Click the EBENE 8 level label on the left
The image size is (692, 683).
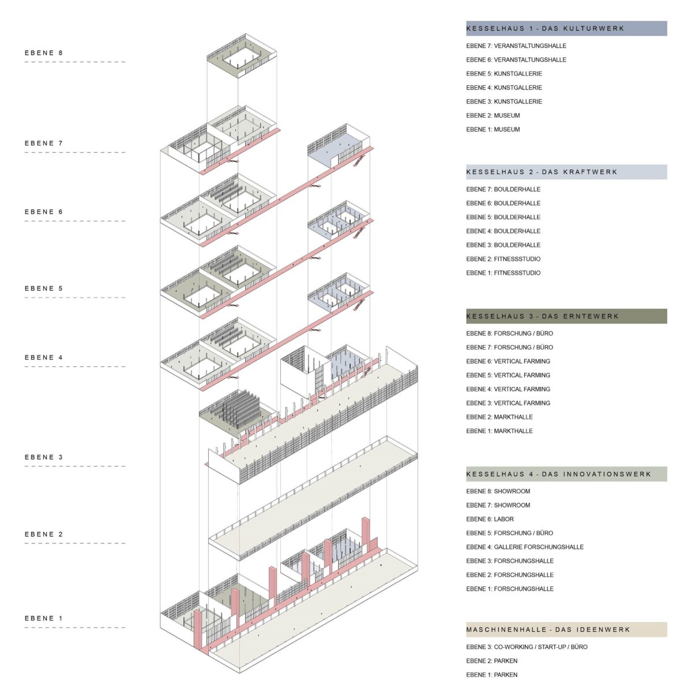click(44, 53)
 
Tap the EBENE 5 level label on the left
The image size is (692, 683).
click(44, 288)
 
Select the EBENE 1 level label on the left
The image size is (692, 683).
click(44, 618)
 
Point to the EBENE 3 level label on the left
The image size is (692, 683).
click(44, 457)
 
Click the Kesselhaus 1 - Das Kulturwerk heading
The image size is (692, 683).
click(545, 28)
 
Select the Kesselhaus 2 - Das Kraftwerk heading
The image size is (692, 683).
click(541, 172)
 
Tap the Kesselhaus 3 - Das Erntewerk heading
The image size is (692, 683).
click(542, 316)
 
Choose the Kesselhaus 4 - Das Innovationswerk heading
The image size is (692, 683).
click(558, 474)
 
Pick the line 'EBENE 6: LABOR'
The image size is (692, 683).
click(490, 519)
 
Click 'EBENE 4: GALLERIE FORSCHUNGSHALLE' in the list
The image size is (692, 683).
click(525, 547)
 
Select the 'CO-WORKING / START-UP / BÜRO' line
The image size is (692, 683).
click(541, 647)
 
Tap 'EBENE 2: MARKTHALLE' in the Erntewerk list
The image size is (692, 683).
click(499, 416)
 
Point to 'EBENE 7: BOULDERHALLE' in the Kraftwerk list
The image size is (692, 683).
click(503, 189)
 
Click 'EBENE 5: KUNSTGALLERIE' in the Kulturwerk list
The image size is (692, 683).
click(504, 74)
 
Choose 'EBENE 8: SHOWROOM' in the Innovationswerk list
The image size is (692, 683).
click(498, 491)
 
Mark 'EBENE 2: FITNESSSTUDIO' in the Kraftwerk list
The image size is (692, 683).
click(503, 258)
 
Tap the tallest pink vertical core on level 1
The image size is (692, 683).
click(365, 538)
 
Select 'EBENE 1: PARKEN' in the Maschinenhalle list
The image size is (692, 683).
click(492, 674)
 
